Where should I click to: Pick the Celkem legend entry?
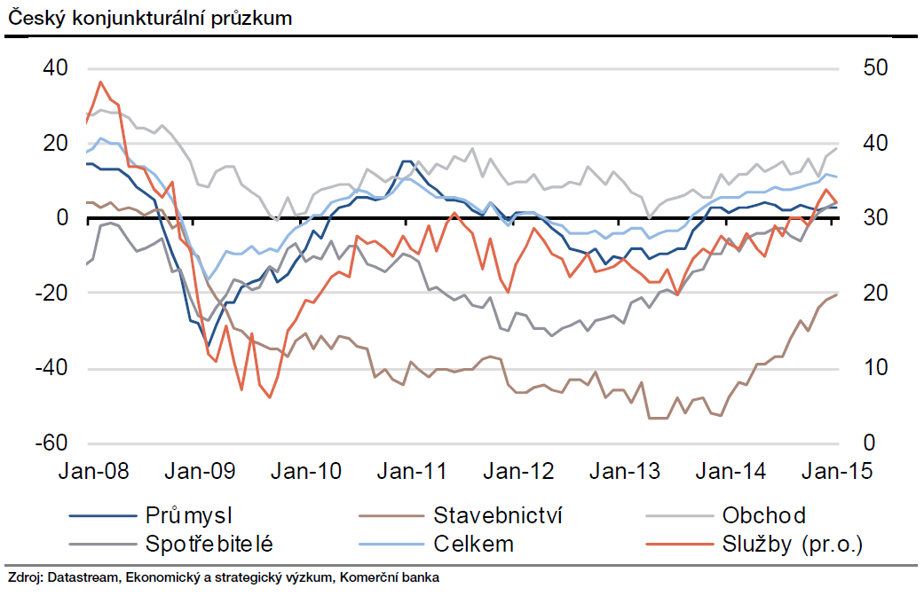pyautogui.click(x=474, y=543)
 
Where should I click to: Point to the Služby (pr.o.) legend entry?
pyautogui.click(x=793, y=543)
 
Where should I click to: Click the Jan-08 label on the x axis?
pyautogui.click(x=94, y=470)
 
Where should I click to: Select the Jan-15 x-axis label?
pyautogui.click(x=838, y=470)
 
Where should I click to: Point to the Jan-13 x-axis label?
pyautogui.click(x=627, y=470)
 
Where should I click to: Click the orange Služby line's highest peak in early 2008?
pyautogui.click(x=100, y=82)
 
